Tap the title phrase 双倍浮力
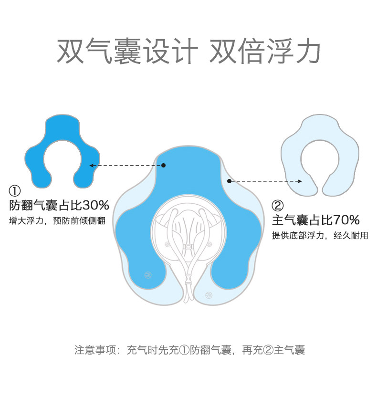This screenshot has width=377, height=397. click(265, 51)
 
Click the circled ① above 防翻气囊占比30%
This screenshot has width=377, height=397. click(15, 191)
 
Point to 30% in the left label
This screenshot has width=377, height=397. click(96, 206)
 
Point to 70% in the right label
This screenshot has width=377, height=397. click(346, 220)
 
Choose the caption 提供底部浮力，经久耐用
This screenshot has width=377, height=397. click(320, 235)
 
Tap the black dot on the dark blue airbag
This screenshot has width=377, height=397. click(163, 165)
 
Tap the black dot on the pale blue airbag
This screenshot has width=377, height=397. click(230, 181)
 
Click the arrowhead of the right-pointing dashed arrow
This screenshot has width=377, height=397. click(300, 181)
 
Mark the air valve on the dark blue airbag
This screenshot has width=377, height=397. click(147, 275)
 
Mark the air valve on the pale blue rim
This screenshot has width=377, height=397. click(209, 295)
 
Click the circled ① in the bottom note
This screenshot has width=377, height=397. click(184, 350)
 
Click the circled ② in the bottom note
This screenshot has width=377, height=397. click(268, 350)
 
